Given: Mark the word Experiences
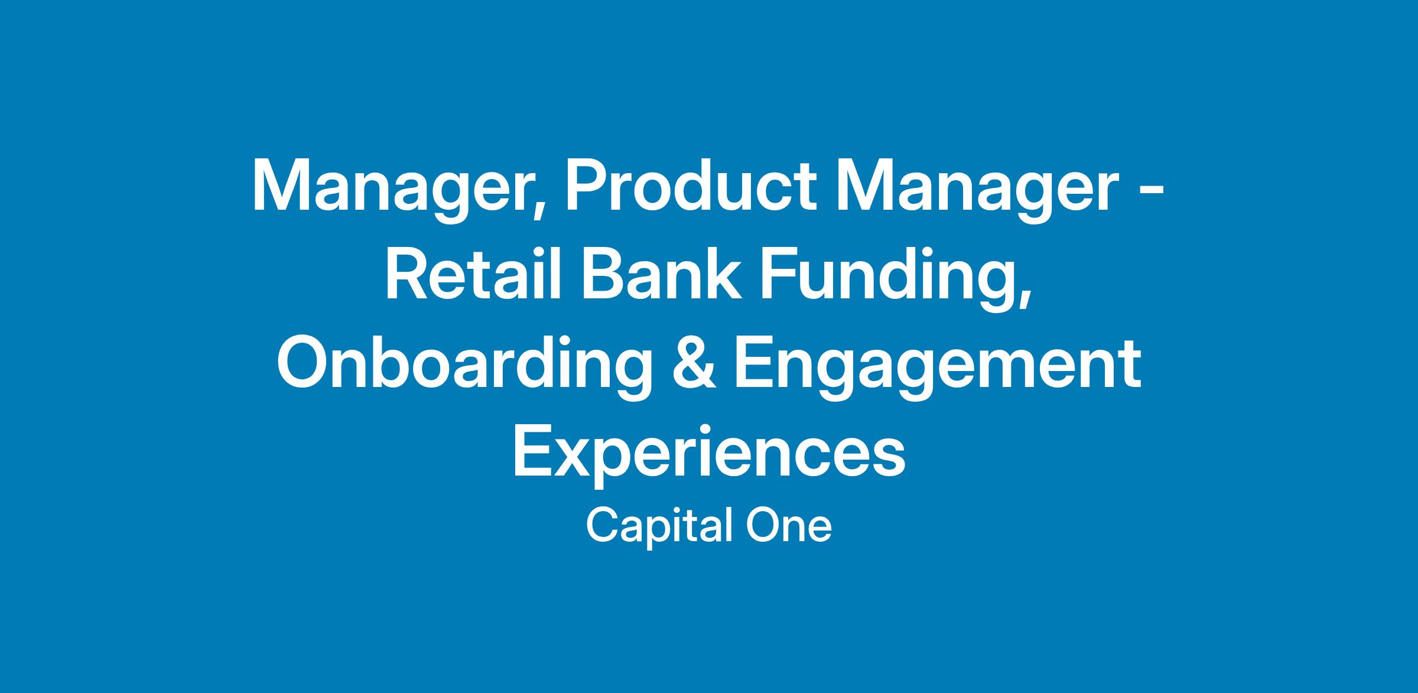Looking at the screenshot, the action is (x=709, y=456).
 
